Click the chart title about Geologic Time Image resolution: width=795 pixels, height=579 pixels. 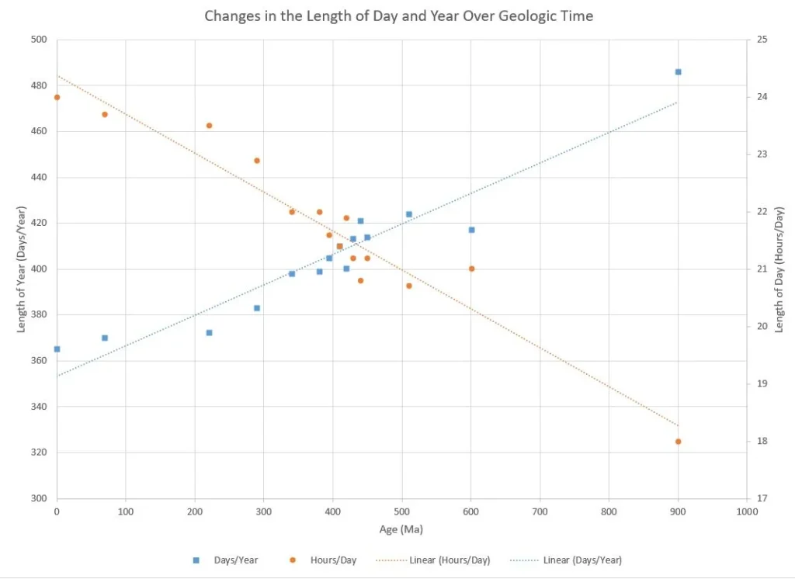point(398,16)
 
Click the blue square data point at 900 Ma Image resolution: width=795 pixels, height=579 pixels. point(678,71)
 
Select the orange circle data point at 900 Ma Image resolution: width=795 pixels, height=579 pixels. point(678,442)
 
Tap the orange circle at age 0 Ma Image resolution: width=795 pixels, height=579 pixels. point(57,97)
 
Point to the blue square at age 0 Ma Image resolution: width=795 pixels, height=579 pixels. point(57,349)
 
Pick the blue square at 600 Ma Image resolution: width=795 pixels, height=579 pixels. point(471,230)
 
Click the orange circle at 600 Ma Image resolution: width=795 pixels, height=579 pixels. point(471,269)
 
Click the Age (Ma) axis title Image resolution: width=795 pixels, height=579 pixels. point(401,529)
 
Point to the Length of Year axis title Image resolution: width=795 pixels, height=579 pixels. point(22,269)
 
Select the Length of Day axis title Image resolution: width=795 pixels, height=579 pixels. point(779,269)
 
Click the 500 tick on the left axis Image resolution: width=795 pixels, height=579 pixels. point(38,40)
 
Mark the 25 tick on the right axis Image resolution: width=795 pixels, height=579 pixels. point(762,40)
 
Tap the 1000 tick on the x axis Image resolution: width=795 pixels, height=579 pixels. point(747,511)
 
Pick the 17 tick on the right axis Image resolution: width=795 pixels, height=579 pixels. point(762,498)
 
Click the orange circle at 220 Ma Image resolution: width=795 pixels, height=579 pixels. point(209,126)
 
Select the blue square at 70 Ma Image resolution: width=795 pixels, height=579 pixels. point(105,338)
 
